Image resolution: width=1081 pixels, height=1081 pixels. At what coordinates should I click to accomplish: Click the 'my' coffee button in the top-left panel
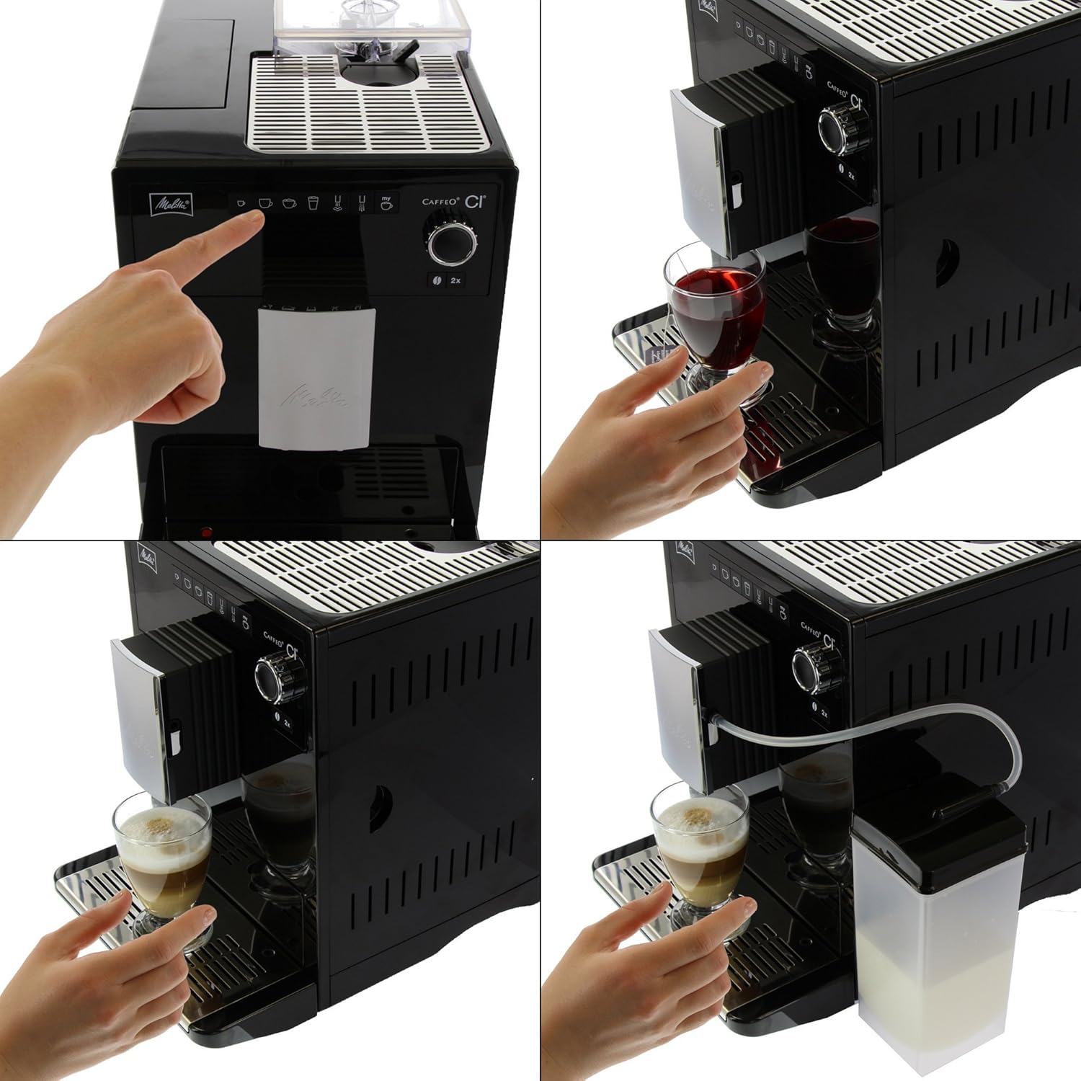click(x=387, y=203)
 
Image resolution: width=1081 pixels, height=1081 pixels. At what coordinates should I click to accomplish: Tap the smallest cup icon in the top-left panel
click(x=241, y=203)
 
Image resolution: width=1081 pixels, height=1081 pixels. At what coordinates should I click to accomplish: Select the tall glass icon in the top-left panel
click(x=313, y=203)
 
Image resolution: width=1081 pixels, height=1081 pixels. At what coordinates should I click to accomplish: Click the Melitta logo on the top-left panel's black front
click(x=171, y=204)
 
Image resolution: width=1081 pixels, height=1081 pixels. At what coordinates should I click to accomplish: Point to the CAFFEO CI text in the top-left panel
click(x=454, y=202)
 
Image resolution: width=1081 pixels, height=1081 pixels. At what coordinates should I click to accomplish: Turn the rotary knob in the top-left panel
click(x=452, y=244)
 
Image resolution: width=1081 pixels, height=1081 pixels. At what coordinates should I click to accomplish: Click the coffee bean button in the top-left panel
click(x=436, y=280)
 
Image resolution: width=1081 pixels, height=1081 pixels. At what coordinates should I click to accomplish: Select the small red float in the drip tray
click(x=207, y=533)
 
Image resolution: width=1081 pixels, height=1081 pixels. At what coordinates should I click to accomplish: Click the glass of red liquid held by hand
click(x=717, y=303)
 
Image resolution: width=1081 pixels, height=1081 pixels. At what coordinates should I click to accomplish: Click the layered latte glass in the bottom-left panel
click(x=164, y=850)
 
